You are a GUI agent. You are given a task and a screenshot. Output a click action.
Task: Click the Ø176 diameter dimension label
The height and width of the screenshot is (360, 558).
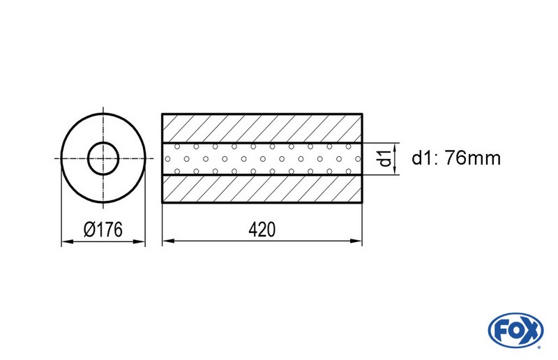(x=104, y=230)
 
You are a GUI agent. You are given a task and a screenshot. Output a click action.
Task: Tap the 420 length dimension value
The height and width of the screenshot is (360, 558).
(x=262, y=230)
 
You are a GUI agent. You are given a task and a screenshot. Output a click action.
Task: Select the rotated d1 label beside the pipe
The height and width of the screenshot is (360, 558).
(x=383, y=158)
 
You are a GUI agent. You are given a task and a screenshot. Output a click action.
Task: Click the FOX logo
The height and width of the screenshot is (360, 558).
(x=517, y=330)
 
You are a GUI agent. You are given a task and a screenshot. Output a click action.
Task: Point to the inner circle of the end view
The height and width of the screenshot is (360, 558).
(x=103, y=158)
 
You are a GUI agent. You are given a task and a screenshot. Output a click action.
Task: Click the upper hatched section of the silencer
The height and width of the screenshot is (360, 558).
(x=262, y=128)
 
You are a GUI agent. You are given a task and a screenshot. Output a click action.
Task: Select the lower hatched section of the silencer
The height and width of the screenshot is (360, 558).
(x=262, y=188)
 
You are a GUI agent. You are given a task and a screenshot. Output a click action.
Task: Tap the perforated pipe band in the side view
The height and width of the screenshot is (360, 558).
(x=262, y=158)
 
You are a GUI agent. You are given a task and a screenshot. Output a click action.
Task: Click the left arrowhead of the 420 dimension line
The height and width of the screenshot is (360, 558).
(x=167, y=242)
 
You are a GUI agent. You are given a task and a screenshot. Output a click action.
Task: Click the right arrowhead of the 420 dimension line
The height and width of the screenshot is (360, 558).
(x=359, y=242)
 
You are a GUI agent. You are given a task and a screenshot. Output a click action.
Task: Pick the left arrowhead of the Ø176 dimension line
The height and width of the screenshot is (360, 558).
(x=66, y=242)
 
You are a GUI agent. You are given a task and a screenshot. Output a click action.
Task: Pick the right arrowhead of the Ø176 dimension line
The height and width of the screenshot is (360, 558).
(x=140, y=242)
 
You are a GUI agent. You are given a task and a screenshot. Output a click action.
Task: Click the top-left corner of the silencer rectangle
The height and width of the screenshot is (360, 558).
(x=163, y=114)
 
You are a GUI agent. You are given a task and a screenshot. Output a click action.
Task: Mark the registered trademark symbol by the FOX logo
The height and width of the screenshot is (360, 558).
(x=539, y=343)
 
